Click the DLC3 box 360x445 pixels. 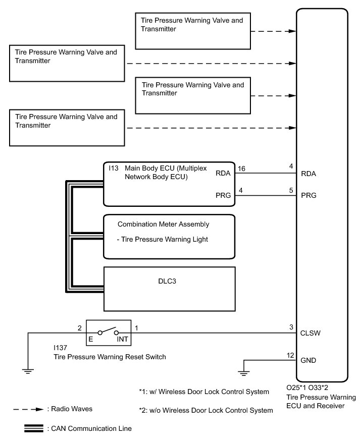click(x=169, y=288)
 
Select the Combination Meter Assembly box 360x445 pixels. click(x=169, y=237)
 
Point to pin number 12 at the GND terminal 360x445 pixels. click(x=290, y=356)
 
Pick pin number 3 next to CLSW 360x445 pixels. click(x=291, y=327)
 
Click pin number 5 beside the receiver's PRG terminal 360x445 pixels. click(x=291, y=191)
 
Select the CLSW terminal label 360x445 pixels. click(x=310, y=333)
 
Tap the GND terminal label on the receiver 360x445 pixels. click(x=308, y=361)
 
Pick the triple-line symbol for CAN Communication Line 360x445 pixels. click(x=33, y=428)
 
